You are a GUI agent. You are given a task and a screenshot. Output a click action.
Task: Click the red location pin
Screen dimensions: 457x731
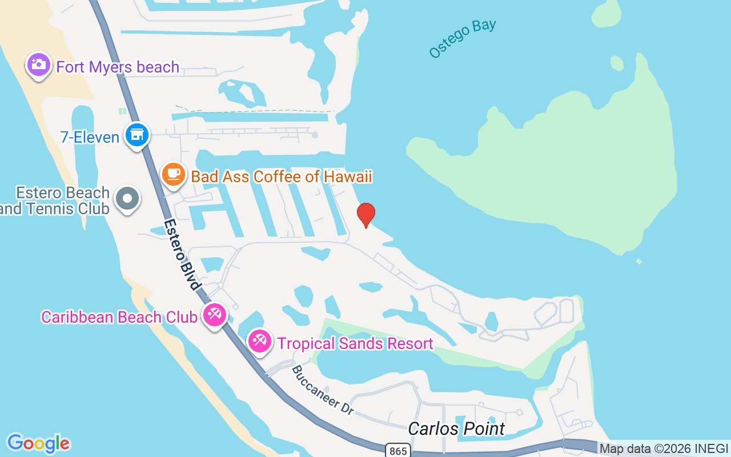click(365, 215)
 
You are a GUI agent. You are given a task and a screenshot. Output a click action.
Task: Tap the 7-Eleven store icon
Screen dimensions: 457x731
click(137, 135)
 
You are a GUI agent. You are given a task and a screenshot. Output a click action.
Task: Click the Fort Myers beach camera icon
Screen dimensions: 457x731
click(39, 65)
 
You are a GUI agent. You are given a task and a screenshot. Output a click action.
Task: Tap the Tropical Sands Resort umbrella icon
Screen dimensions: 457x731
click(260, 341)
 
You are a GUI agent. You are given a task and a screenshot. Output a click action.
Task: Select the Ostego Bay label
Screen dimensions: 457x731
click(463, 39)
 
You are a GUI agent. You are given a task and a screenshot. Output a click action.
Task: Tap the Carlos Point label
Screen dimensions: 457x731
click(456, 428)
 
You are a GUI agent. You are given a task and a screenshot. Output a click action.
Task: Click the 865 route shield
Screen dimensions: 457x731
click(397, 451)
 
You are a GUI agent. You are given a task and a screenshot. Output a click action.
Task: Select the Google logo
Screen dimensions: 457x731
click(38, 443)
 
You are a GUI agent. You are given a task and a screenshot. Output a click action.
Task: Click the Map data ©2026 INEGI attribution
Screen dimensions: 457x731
click(664, 449)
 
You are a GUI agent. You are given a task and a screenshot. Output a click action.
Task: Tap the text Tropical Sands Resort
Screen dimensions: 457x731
click(355, 343)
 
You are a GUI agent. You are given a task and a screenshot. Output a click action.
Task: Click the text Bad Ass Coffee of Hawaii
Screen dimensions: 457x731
click(282, 177)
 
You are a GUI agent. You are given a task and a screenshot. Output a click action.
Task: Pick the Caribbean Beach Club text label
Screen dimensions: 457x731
click(119, 317)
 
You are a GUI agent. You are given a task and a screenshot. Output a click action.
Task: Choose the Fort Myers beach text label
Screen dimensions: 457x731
click(118, 67)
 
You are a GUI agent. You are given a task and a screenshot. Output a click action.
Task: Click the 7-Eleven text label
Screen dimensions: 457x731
click(90, 137)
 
